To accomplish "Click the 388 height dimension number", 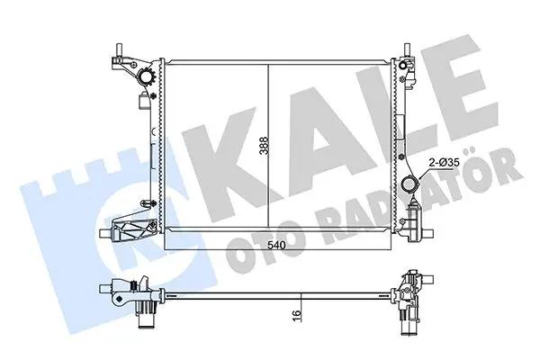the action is coord(264,146).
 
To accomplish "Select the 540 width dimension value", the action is coord(277,246).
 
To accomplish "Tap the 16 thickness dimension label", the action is coord(296,316).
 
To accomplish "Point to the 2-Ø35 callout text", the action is coord(445,162).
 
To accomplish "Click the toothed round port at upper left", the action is coord(147,77).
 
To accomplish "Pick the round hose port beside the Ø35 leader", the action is coord(409,184).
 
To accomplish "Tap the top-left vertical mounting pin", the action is coord(119,50).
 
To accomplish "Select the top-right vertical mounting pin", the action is coord(407,50).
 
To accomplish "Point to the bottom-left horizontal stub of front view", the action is coord(105,233).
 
